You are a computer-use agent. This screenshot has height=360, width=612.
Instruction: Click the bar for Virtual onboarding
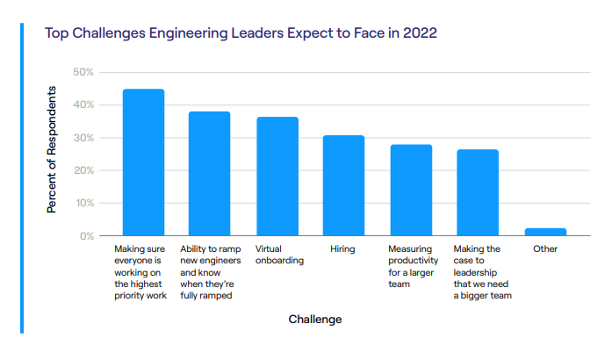[x=277, y=176]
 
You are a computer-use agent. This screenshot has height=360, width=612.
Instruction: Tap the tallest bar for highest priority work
[x=143, y=162]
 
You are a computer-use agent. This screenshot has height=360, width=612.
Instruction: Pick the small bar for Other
[x=545, y=232]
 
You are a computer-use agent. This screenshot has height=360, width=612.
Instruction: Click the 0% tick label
[x=86, y=236]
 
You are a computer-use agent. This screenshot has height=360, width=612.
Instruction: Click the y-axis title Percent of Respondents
[x=53, y=149]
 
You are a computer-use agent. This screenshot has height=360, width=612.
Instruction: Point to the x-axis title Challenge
[x=315, y=320]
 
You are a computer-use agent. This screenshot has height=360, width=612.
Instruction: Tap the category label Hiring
[x=342, y=249]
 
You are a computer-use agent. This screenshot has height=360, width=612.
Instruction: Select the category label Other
[x=545, y=249]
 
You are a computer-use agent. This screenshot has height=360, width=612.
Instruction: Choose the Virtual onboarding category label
[x=279, y=255]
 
